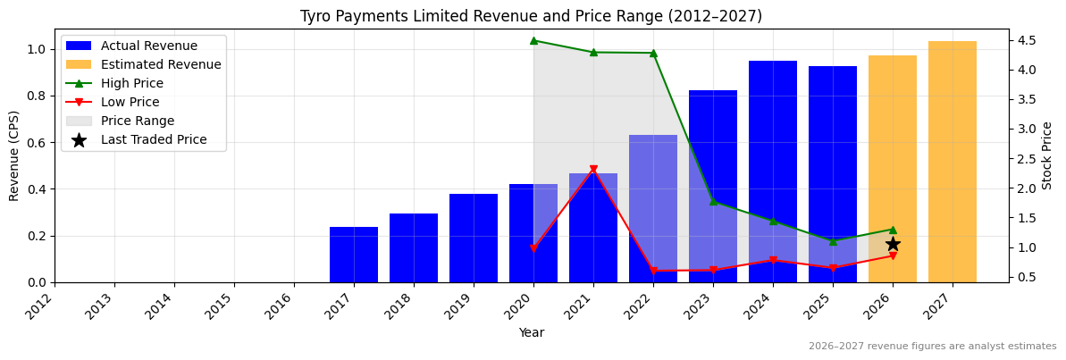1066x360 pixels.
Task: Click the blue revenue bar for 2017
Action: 354,255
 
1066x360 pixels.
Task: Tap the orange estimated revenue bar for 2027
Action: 953,162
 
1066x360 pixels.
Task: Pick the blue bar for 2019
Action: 474,238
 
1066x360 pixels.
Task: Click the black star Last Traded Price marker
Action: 893,244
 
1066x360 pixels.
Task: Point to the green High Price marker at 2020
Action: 533,40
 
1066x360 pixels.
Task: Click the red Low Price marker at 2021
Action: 593,170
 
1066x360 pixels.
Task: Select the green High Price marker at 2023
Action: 713,201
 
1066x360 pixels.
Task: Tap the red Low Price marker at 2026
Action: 893,256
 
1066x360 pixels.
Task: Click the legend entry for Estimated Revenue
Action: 161,64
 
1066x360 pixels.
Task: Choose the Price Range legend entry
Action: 138,121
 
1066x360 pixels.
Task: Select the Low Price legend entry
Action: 130,102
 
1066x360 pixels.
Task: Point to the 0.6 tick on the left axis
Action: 36,142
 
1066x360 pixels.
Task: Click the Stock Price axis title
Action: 1047,155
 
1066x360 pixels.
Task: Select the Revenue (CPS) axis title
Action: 14,155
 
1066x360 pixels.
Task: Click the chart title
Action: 531,16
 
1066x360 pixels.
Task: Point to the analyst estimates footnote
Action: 932,347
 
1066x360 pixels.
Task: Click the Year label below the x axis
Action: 531,332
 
